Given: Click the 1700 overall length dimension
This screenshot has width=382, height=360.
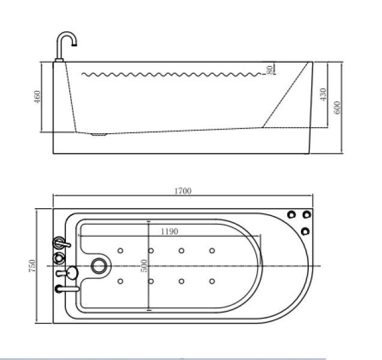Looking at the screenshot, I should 183,191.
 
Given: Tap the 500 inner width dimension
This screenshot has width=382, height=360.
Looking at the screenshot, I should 144,266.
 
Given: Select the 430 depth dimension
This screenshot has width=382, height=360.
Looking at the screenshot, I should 322,94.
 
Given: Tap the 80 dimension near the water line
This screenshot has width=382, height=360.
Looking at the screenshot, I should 271,70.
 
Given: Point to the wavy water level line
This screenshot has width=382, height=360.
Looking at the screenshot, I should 174,74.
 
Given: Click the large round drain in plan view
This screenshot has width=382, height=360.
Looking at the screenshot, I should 98,265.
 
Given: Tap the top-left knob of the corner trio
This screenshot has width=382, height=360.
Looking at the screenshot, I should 292,215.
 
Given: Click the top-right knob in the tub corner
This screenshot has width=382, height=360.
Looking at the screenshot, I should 307,215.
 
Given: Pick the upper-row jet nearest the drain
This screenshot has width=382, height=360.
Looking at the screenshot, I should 121,250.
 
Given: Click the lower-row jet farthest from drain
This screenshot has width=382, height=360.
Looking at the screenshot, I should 212,281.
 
